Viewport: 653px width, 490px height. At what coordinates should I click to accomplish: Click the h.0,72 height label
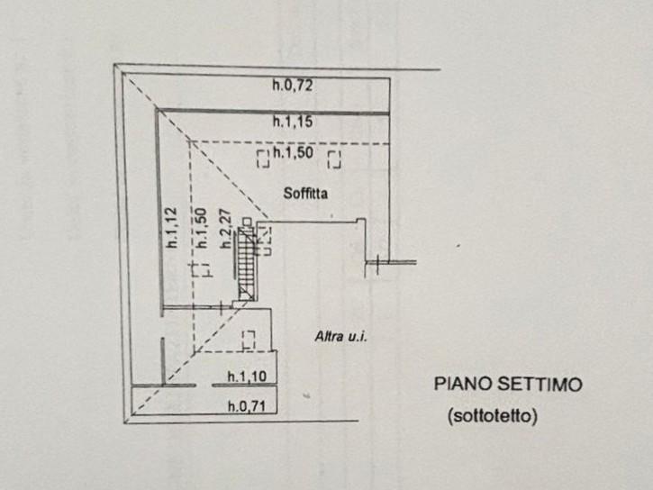(293, 86)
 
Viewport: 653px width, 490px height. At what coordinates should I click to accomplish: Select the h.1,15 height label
(293, 122)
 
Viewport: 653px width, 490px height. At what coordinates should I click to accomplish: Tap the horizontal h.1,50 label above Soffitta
(294, 153)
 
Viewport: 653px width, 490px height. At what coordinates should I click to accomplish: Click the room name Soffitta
(305, 193)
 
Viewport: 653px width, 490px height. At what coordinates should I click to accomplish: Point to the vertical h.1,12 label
(171, 228)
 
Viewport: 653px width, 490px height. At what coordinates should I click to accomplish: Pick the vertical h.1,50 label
(201, 228)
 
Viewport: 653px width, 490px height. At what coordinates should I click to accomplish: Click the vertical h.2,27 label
(225, 229)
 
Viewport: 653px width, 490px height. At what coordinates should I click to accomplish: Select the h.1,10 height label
(247, 377)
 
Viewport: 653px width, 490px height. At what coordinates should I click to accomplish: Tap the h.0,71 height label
(247, 406)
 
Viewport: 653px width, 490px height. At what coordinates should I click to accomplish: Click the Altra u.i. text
(341, 336)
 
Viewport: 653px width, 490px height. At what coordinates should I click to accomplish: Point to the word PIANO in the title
(463, 384)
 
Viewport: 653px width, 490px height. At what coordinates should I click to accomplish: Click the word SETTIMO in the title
(540, 385)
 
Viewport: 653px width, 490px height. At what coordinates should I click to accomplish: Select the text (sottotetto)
(493, 415)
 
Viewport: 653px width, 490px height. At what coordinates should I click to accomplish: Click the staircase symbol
(247, 264)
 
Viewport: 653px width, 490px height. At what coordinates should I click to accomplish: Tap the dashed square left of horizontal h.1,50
(263, 159)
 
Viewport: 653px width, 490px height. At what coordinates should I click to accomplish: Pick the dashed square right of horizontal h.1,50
(334, 159)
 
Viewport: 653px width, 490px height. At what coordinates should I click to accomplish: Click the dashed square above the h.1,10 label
(249, 340)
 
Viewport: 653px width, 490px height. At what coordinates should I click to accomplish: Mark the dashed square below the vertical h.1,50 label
(203, 270)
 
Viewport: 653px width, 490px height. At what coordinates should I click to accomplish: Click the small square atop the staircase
(247, 222)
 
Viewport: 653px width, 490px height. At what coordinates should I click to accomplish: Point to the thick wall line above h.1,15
(274, 112)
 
